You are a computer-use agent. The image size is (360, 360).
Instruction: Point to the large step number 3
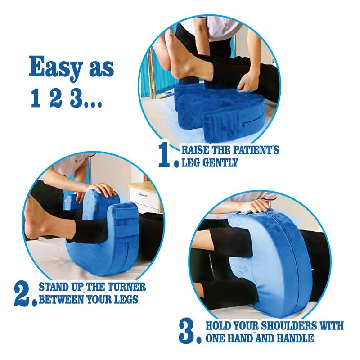[188, 330]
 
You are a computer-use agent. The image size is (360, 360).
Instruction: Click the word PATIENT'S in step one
[255, 150]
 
